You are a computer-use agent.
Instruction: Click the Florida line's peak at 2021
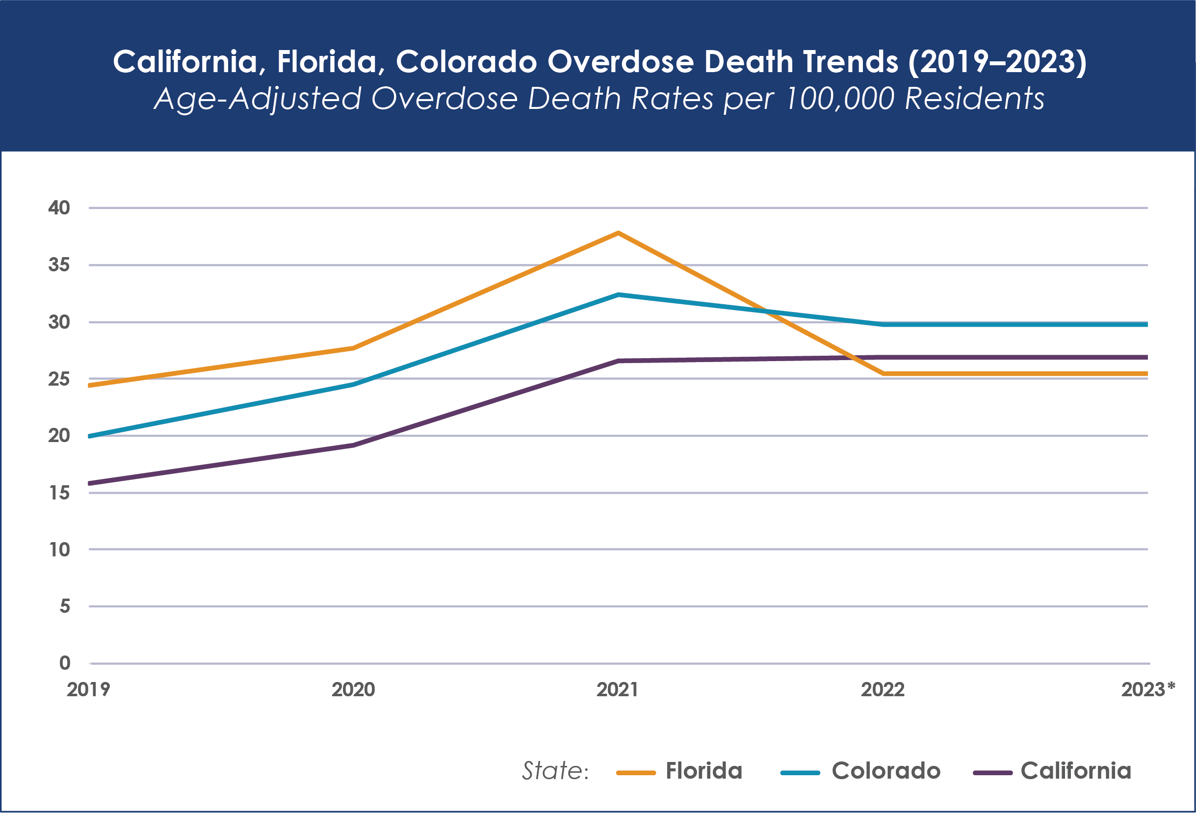[x=618, y=233]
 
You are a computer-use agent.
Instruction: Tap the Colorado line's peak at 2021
[x=618, y=295]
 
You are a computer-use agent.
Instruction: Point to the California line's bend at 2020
[x=354, y=445]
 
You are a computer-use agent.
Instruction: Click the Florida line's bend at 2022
[x=883, y=373]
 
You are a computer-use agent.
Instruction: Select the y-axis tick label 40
[x=59, y=208]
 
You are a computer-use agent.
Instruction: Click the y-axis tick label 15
[x=59, y=493]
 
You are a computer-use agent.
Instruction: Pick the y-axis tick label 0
[x=65, y=663]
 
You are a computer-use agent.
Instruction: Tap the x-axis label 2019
[x=88, y=689]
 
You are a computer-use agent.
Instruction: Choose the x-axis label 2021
[x=618, y=689]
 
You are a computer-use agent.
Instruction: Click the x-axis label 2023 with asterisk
[x=1148, y=689]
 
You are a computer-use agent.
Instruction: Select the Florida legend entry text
[x=704, y=771]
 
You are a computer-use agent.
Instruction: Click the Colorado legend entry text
[x=886, y=771]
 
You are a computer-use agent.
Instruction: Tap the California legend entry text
[x=1076, y=771]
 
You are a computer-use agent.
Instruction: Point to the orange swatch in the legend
[x=636, y=773]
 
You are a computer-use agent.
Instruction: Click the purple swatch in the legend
[x=993, y=773]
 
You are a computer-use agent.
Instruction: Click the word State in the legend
[x=553, y=771]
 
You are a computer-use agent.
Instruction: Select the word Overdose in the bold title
[x=621, y=62]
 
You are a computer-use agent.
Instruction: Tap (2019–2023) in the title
[x=997, y=62]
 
